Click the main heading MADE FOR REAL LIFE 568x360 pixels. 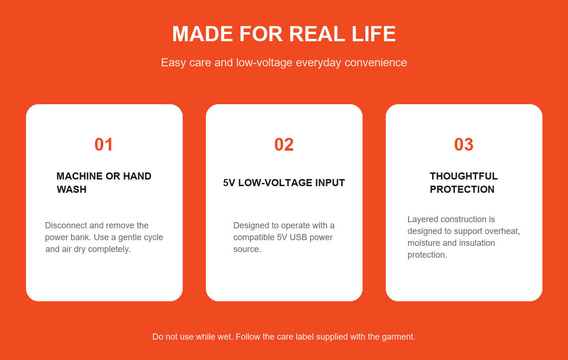pyautogui.click(x=284, y=34)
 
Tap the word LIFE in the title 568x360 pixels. pyautogui.click(x=373, y=34)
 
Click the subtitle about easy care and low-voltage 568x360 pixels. pyautogui.click(x=284, y=63)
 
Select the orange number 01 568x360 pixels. pyautogui.click(x=104, y=144)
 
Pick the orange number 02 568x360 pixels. pyautogui.click(x=284, y=144)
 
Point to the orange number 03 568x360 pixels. pyautogui.click(x=463, y=144)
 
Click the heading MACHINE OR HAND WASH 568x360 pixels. pyautogui.click(x=104, y=183)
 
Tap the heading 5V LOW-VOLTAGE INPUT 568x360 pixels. pyautogui.click(x=284, y=183)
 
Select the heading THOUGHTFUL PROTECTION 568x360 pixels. pyautogui.click(x=463, y=183)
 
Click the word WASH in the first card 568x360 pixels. pyautogui.click(x=71, y=189)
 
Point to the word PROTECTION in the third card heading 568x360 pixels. pyautogui.click(x=462, y=189)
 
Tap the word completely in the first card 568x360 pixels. pyautogui.click(x=109, y=249)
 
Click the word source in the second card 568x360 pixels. pyautogui.click(x=247, y=249)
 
